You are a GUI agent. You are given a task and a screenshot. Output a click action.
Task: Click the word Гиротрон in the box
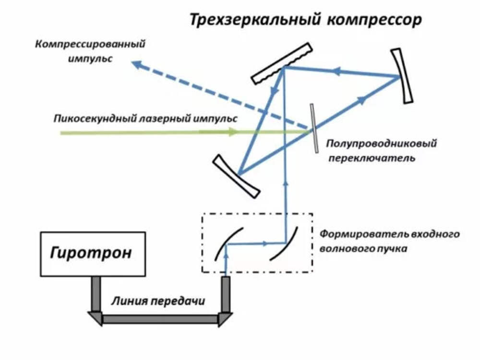(x=91, y=253)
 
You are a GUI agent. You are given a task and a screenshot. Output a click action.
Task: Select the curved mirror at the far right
(x=402, y=75)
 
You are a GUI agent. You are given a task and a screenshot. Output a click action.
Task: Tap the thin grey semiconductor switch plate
(x=314, y=129)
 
